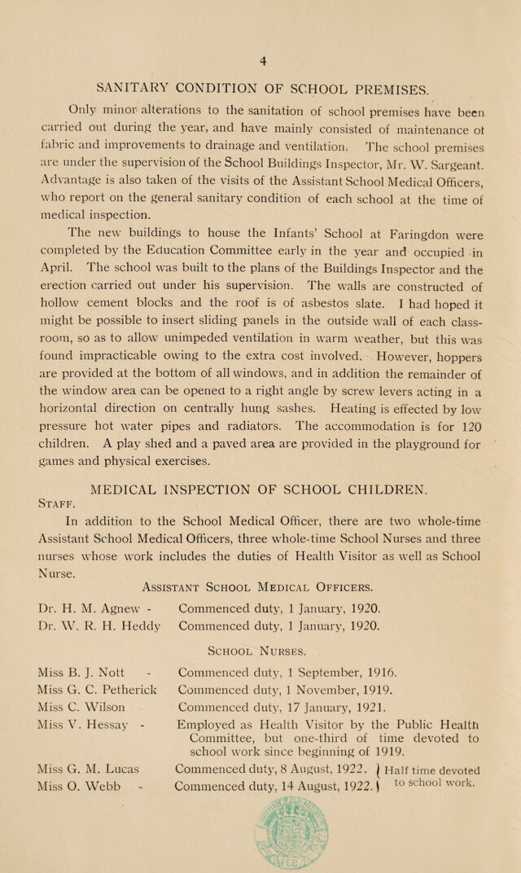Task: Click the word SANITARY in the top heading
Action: click(128, 87)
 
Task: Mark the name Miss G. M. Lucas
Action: click(89, 768)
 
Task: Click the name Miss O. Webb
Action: click(79, 785)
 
